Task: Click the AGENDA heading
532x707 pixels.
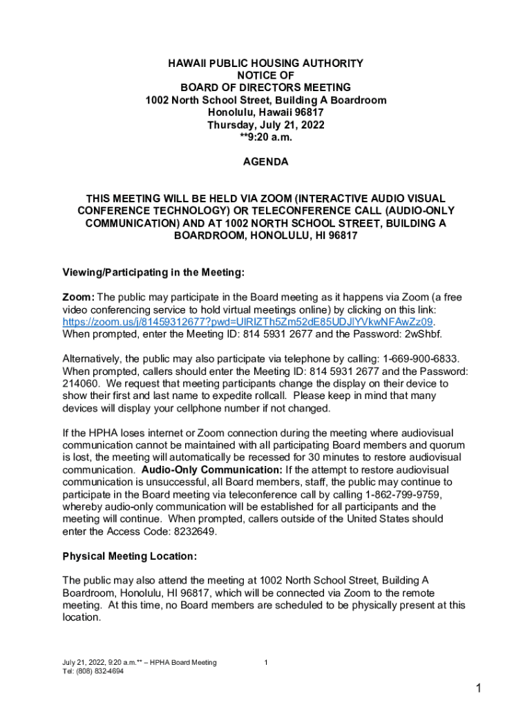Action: point(265,162)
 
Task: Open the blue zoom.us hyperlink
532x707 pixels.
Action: point(247,322)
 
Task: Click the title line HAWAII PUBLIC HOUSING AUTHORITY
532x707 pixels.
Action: point(265,64)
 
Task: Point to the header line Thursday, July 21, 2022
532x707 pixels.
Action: point(265,125)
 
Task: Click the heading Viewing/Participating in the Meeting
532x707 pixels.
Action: point(153,272)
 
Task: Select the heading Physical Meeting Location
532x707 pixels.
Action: point(130,556)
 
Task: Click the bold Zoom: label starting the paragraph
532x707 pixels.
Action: point(79,297)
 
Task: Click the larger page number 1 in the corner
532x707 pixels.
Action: point(477,688)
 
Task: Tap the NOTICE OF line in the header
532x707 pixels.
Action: point(265,75)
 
